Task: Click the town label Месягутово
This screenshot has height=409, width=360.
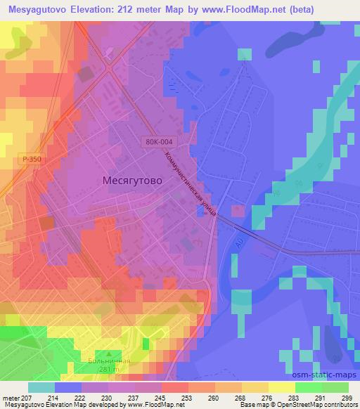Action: pos(128,181)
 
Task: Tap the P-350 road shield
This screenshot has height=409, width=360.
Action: pos(31,160)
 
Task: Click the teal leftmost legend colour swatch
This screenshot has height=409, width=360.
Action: pos(41,387)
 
